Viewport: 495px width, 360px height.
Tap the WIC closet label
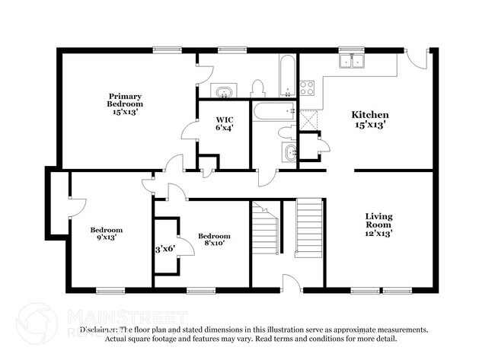[224, 123]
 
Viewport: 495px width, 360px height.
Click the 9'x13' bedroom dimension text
[107, 237]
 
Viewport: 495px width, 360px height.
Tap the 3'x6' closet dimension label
[166, 248]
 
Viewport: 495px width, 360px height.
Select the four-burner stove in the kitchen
[308, 87]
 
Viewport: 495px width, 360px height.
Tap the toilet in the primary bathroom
[257, 88]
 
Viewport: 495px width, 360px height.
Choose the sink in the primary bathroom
[223, 92]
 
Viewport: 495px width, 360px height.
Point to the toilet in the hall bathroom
[288, 132]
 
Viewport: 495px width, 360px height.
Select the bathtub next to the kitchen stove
[288, 75]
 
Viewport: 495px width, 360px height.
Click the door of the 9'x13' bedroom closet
[76, 205]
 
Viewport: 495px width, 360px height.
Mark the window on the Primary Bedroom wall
[167, 50]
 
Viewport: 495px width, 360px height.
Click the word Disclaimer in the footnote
[98, 330]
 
